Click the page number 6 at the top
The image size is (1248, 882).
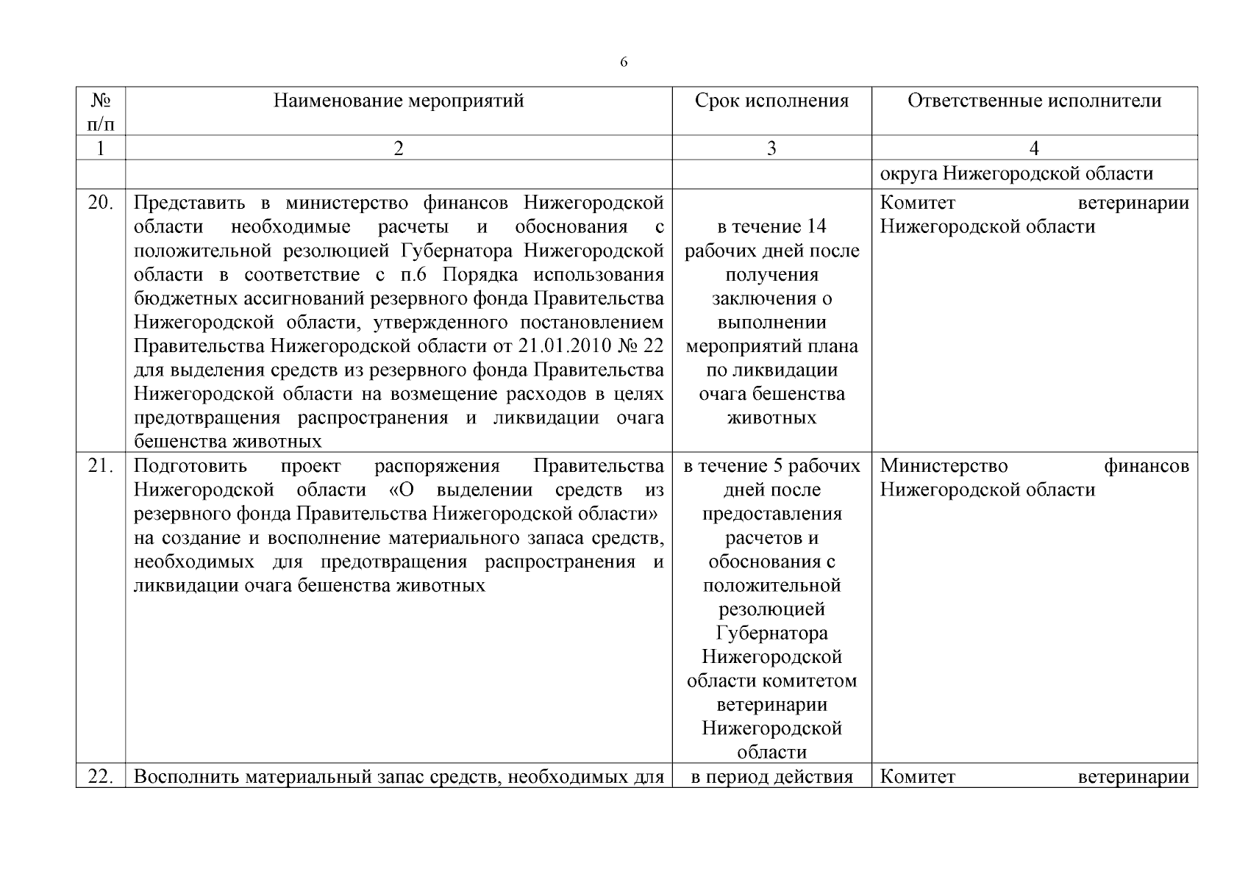[624, 62]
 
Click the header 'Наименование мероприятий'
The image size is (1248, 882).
[399, 101]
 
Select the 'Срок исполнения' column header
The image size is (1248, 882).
[771, 101]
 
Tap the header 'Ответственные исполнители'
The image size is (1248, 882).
[1034, 101]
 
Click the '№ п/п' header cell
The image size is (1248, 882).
[101, 111]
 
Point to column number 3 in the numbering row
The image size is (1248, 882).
[771, 148]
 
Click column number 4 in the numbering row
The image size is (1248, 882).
[1034, 148]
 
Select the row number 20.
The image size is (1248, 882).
[101, 203]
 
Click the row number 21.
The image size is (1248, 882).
[101, 466]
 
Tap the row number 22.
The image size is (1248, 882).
[101, 777]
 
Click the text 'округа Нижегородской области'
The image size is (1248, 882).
[1016, 174]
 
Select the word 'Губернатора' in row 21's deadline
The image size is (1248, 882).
[771, 633]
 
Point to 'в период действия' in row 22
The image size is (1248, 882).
[771, 777]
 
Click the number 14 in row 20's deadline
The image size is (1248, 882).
[816, 226]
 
